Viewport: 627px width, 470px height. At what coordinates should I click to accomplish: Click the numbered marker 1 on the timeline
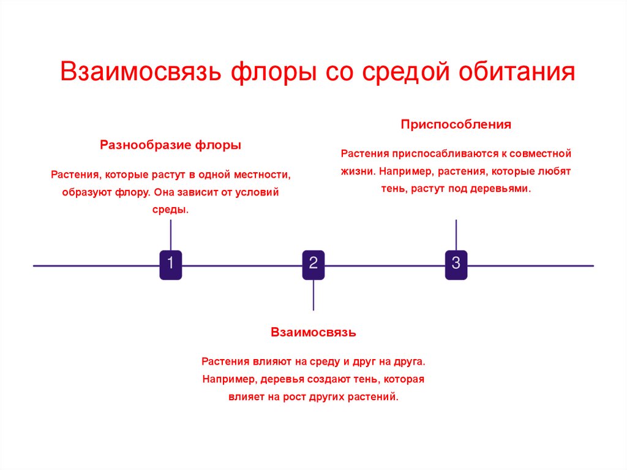pyautogui.click(x=170, y=265)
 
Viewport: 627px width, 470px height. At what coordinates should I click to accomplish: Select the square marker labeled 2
pyautogui.click(x=313, y=265)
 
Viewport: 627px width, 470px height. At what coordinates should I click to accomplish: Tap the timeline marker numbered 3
pyautogui.click(x=456, y=265)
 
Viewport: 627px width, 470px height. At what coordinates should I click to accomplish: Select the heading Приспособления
pyautogui.click(x=456, y=125)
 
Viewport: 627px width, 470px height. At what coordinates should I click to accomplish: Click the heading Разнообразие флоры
pyautogui.click(x=170, y=146)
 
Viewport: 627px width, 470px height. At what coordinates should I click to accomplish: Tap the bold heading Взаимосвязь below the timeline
pyautogui.click(x=313, y=333)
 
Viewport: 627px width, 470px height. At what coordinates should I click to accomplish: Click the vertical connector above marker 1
pyautogui.click(x=170, y=234)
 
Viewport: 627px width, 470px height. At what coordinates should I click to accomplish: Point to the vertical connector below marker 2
pyautogui.click(x=313, y=295)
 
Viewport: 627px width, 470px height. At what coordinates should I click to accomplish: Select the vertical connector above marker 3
pyautogui.click(x=456, y=234)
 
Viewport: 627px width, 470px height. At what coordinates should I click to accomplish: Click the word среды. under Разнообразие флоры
pyautogui.click(x=170, y=210)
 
